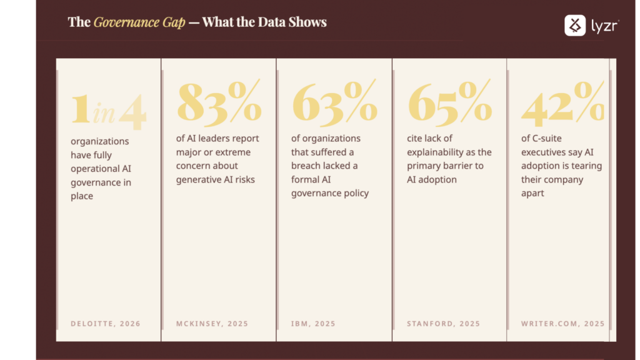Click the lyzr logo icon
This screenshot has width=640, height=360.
pos(575,25)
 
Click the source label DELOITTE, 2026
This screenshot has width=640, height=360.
pos(106,324)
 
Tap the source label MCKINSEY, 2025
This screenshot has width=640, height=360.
pos(212,324)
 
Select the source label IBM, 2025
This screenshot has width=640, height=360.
pos(313,324)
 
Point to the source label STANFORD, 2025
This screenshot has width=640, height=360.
pos(443,324)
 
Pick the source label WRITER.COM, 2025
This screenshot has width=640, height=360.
pos(562,324)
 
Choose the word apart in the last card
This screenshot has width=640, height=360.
pos(532,193)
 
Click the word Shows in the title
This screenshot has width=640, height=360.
pos(307,22)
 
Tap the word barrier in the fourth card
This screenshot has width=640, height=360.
pos(462,166)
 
